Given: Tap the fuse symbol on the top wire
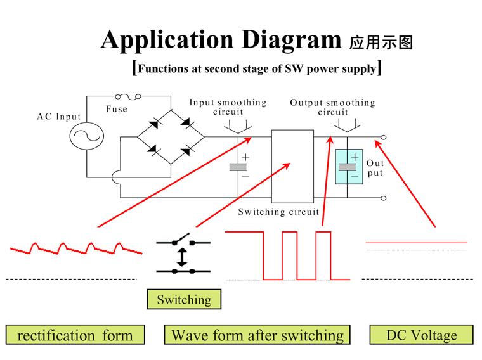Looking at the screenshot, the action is (x=128, y=97).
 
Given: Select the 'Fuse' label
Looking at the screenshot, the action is (x=117, y=109).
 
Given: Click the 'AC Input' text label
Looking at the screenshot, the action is (x=59, y=117).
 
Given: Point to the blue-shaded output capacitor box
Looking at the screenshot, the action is (x=349, y=167).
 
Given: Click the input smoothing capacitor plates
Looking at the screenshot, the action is (x=238, y=167).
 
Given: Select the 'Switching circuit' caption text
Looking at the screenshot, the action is (x=278, y=212).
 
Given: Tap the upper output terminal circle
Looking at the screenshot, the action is (x=383, y=138).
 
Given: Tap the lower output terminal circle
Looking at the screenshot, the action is (x=383, y=198).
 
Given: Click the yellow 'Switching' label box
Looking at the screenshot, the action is (x=184, y=299).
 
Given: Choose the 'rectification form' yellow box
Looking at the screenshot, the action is (x=75, y=335).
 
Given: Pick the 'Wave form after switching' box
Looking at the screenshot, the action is (x=257, y=335).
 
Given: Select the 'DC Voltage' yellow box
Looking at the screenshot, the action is (x=422, y=335).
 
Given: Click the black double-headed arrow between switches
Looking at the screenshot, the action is (x=182, y=257).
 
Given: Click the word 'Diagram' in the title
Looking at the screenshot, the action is (x=291, y=41).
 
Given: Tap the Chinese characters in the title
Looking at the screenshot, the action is (x=381, y=42).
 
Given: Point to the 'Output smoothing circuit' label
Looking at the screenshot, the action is (x=332, y=107).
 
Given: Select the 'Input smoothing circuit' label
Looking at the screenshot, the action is (x=228, y=107).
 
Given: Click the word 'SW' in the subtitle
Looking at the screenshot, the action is (x=294, y=68).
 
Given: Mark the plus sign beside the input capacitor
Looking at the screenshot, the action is (x=245, y=158).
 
